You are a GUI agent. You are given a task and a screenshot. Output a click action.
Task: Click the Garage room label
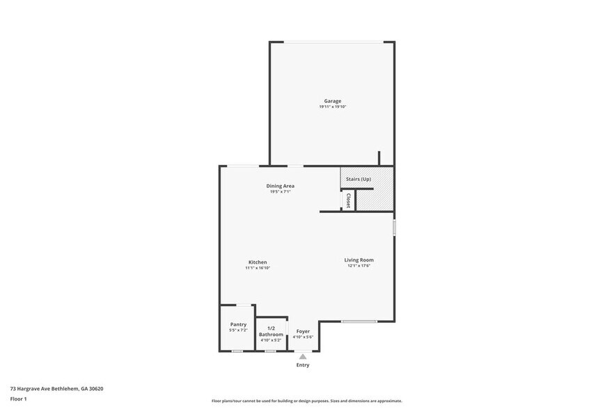332,101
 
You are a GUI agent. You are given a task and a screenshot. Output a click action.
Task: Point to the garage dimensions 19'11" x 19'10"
332,106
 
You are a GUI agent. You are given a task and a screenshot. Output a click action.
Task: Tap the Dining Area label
280,186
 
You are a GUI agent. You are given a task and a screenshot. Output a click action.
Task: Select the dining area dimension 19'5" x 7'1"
280,191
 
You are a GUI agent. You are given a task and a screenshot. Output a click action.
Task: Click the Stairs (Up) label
359,179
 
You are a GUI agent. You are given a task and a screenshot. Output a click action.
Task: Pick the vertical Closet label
348,200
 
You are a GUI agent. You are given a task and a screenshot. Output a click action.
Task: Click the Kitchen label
258,262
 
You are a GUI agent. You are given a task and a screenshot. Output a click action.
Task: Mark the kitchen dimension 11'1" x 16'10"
258,268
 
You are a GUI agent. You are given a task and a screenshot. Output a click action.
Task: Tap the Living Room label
359,260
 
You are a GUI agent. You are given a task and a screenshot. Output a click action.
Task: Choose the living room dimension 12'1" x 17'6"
359,266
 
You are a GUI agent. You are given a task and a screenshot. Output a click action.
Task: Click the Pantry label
238,324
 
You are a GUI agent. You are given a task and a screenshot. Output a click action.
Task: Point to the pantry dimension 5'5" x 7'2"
238,330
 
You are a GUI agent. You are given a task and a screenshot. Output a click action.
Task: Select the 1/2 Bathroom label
271,331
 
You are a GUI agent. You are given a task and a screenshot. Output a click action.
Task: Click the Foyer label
303,331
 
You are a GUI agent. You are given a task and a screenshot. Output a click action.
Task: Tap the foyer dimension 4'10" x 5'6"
303,337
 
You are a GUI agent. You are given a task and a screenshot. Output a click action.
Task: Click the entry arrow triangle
303,356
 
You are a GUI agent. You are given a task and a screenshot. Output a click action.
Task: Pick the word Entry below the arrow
303,364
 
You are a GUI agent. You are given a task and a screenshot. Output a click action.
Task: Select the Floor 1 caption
18,399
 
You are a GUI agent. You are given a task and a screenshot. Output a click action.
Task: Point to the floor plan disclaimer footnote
306,401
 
